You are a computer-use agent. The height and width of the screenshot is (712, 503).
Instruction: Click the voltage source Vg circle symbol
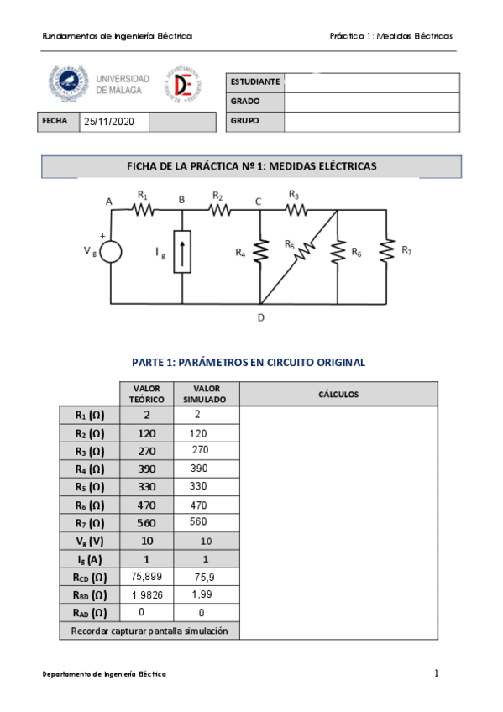pyautogui.click(x=112, y=252)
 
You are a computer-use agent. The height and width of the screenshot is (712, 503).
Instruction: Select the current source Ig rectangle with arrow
pyautogui.click(x=182, y=251)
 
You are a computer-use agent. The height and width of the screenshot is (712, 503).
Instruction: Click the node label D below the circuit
pyautogui.click(x=261, y=317)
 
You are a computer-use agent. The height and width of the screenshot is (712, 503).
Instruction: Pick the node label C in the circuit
pyautogui.click(x=258, y=201)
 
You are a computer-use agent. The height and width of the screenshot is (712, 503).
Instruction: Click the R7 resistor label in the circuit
pyautogui.click(x=406, y=249)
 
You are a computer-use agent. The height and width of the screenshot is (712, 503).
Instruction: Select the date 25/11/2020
pyautogui.click(x=109, y=122)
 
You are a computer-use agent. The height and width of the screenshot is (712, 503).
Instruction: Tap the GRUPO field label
pyautogui.click(x=244, y=121)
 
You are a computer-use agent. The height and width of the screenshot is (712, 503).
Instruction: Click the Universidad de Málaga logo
pyautogui.click(x=99, y=84)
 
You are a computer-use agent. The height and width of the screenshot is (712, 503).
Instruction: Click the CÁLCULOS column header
pyautogui.click(x=338, y=394)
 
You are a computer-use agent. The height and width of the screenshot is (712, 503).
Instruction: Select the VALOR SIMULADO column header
pyautogui.click(x=206, y=394)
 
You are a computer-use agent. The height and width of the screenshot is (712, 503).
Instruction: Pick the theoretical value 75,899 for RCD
pyautogui.click(x=147, y=577)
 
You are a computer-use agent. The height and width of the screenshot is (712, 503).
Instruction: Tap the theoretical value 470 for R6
pyautogui.click(x=147, y=505)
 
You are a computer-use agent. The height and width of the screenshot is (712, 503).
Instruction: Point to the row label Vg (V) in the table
pyautogui.click(x=89, y=541)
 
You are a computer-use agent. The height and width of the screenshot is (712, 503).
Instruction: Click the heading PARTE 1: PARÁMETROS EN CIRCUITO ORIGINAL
pyautogui.click(x=249, y=363)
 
